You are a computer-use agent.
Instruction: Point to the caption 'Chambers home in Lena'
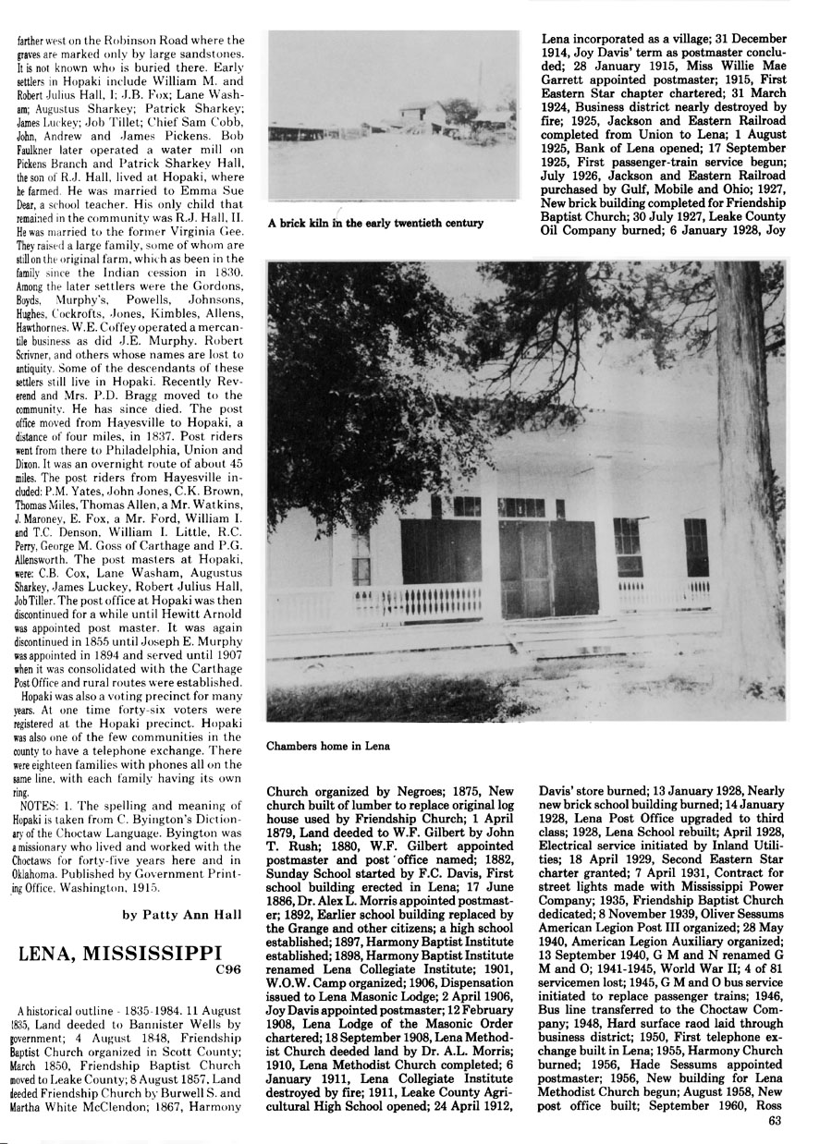click(328, 745)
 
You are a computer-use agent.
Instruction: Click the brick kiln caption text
click(374, 223)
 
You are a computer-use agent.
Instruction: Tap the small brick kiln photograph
click(393, 117)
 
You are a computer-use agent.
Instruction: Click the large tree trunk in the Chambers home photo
click(748, 462)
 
